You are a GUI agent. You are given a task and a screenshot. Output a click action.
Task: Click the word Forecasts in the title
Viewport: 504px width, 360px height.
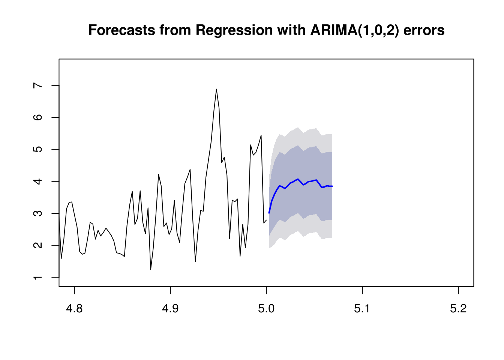click(122, 30)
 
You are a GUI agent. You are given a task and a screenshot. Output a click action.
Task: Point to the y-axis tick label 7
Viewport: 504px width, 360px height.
click(38, 85)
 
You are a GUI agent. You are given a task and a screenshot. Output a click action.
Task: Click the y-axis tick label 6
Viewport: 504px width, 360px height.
click(38, 117)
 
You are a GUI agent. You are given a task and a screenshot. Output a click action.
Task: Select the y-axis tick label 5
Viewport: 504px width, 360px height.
click(38, 149)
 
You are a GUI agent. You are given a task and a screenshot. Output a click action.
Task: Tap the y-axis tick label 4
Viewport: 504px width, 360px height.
click(38, 181)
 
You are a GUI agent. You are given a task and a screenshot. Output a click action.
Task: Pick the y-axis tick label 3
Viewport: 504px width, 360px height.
click(38, 213)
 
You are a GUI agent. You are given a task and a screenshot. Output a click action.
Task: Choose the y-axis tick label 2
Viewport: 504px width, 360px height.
click(38, 245)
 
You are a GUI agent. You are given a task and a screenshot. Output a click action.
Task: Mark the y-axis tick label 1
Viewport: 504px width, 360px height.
click(38, 277)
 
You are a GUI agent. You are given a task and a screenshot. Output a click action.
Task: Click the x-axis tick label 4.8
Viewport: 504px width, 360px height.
click(74, 309)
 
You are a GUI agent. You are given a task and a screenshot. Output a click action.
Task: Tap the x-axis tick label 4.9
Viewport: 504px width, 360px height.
click(170, 309)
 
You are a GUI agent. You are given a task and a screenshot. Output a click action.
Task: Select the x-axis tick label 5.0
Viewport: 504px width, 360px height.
click(266, 309)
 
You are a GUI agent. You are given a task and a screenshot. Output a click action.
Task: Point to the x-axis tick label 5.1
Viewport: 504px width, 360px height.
click(362, 309)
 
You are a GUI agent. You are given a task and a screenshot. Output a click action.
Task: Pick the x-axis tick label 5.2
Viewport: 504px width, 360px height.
click(458, 309)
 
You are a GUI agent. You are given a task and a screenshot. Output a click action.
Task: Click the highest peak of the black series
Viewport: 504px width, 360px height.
click(216, 89)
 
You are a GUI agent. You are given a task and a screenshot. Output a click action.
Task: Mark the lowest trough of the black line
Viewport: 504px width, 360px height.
click(151, 270)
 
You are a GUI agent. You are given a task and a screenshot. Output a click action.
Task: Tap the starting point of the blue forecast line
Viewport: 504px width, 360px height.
click(269, 213)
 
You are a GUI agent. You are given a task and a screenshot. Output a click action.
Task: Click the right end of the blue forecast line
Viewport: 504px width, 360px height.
click(332, 186)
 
